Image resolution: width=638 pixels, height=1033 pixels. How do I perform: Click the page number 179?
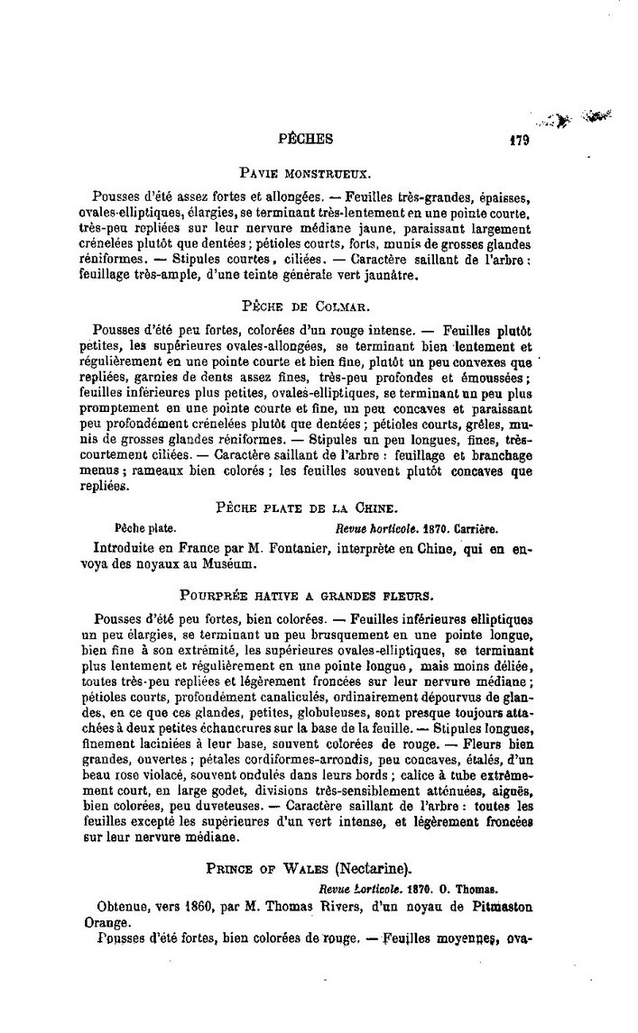point(518,140)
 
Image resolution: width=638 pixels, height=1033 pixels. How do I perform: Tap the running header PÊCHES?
point(308,139)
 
